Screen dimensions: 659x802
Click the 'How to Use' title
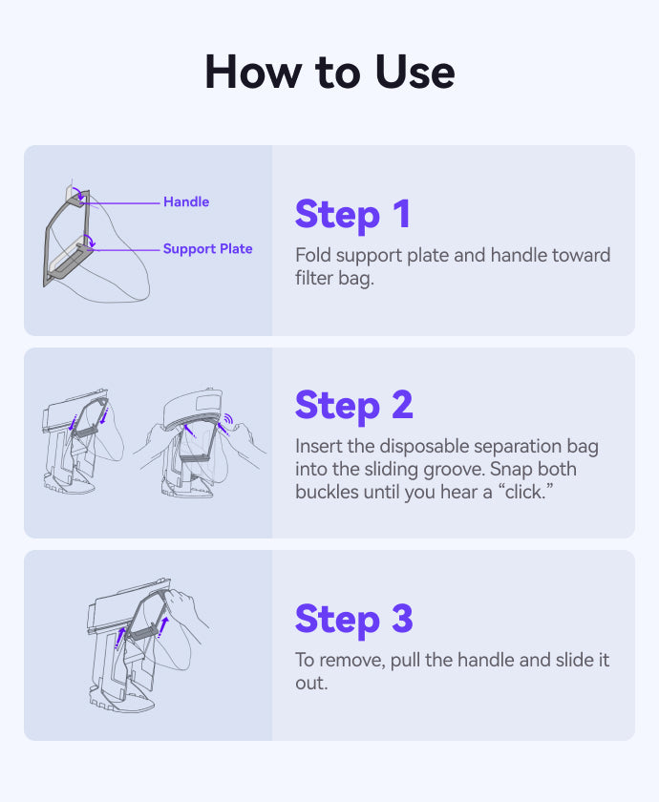coord(329,73)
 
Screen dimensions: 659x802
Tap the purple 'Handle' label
coord(186,202)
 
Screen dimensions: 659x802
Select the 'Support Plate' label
coord(208,249)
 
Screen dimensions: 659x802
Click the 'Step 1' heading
coord(352,215)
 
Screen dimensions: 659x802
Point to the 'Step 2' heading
coord(354,406)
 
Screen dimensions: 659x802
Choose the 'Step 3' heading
coord(354,620)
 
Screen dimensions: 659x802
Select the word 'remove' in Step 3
coord(352,660)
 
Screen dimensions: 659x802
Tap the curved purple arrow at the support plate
coord(90,241)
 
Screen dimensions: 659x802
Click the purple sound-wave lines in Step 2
coord(228,419)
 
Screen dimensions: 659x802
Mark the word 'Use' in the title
coord(415,73)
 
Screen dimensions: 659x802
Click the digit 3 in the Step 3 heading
coord(403,619)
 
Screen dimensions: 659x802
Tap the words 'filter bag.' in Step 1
coord(334,278)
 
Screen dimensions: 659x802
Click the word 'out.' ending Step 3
coord(311,684)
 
